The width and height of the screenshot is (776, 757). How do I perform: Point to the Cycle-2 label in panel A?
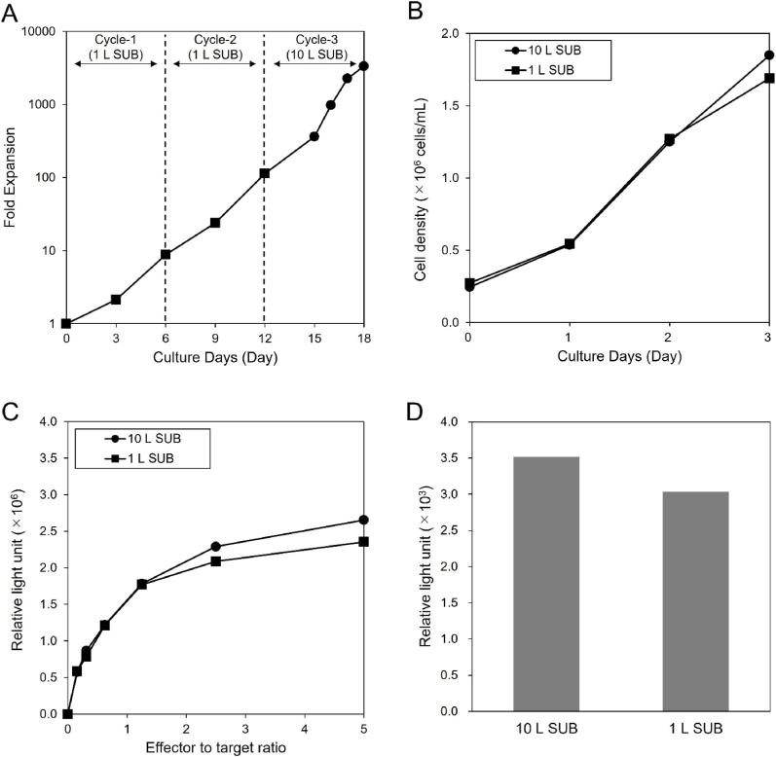click(214, 39)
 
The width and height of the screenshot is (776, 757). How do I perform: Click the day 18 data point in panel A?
click(363, 66)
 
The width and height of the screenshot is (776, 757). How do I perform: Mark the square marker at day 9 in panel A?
click(214, 223)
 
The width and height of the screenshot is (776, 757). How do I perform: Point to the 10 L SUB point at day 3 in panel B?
click(768, 55)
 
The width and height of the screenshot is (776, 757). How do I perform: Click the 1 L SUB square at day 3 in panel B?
click(768, 79)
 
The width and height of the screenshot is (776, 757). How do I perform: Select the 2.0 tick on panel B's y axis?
click(450, 33)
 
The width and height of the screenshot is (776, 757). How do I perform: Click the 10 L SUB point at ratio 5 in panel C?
click(363, 520)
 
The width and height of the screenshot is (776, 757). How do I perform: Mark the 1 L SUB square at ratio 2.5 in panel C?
click(215, 561)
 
